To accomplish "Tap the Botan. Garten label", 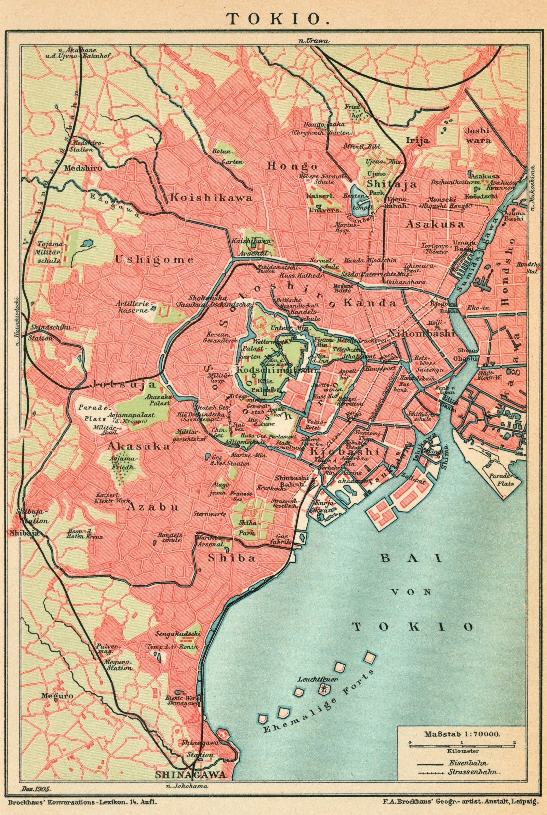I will click(x=227, y=157).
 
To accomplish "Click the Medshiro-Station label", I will click(x=82, y=146).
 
